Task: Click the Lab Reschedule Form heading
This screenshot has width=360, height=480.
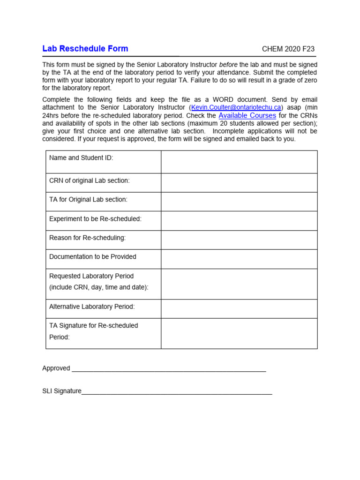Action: (x=85, y=49)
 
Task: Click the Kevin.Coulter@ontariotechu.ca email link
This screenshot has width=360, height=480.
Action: (x=236, y=107)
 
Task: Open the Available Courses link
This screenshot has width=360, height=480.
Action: (x=247, y=115)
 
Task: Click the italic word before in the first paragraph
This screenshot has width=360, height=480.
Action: (x=228, y=64)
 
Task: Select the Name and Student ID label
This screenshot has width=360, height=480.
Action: (x=81, y=158)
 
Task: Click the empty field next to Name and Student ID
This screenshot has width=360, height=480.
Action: (x=239, y=162)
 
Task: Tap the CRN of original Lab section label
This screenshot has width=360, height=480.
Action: (x=89, y=180)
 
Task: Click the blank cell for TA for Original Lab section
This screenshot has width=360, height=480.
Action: (x=239, y=202)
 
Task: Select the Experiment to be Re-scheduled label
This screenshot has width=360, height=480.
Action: (x=95, y=219)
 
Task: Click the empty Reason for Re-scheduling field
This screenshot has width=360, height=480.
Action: (x=239, y=240)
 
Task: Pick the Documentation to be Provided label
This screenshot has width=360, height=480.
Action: (x=93, y=257)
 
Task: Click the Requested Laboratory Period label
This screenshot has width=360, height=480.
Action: (x=91, y=276)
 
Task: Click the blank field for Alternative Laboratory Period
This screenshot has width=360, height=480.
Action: (x=239, y=308)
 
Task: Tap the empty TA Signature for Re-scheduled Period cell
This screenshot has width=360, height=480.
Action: (x=239, y=333)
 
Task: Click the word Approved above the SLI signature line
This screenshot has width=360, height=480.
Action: (x=56, y=368)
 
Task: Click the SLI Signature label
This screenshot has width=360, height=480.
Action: (x=62, y=391)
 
